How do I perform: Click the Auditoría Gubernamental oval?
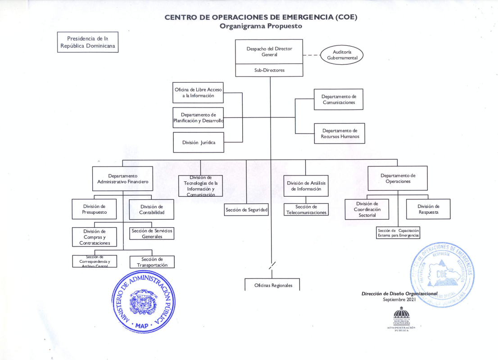342,55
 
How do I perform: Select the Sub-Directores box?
269,70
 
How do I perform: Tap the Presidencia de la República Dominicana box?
88,42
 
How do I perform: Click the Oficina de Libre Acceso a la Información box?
198,93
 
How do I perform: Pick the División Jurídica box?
199,142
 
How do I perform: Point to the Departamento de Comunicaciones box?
339,99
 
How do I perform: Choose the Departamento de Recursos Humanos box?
339,133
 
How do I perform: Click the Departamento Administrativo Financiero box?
122,179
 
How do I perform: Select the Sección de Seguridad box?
246,210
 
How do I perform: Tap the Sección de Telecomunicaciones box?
306,209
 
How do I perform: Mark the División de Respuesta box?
428,209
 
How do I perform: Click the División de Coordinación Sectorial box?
367,209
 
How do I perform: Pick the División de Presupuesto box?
94,209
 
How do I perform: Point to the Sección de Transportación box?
152,262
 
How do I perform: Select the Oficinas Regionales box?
273,285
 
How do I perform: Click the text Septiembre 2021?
399,299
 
